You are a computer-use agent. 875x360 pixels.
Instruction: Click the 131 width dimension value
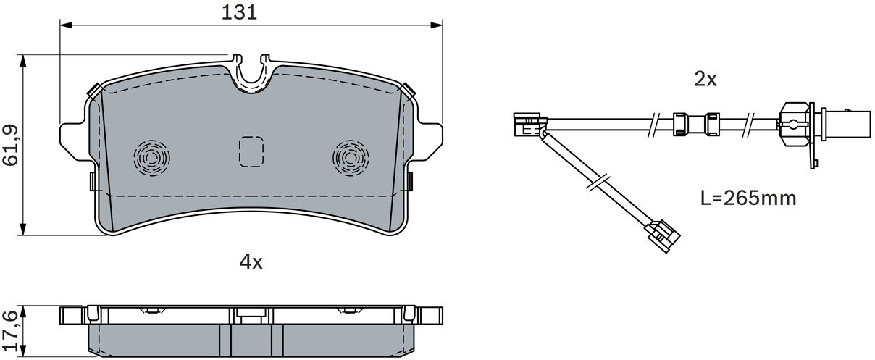click(239, 12)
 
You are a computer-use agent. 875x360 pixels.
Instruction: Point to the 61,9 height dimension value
click(11, 146)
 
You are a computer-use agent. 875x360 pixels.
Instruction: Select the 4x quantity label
click(251, 262)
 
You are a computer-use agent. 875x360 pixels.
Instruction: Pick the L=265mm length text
click(748, 198)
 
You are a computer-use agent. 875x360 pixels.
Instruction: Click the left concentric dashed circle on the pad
click(151, 158)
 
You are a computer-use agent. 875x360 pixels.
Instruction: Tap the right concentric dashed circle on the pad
click(351, 158)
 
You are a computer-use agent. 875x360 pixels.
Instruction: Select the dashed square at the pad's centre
click(251, 152)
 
